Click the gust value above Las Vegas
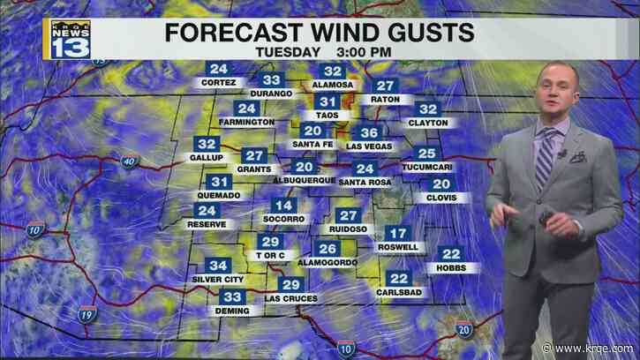[x=368, y=133]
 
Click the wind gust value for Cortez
[x=218, y=69]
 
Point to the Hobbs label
[x=451, y=267]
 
